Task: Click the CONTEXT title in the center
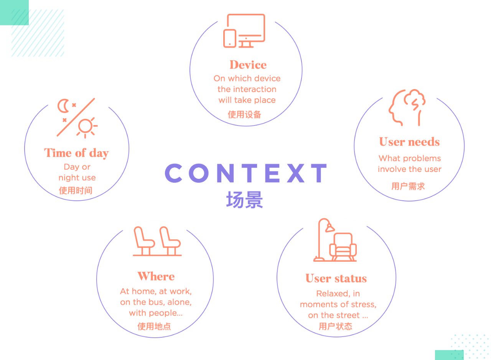246,173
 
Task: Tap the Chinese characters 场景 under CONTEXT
244,200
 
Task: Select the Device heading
248,65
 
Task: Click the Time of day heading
76,153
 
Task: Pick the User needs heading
409,142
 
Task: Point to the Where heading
156,276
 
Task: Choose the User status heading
336,278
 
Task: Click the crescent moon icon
63,106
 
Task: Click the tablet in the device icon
230,38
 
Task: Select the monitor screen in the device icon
246,28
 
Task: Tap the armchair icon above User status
343,247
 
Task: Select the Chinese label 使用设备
244,115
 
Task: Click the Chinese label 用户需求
408,187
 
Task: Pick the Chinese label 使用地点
154,327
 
